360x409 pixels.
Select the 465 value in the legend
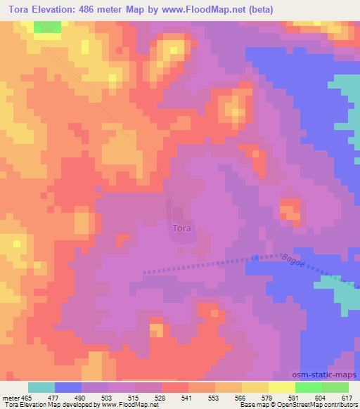click(26, 397)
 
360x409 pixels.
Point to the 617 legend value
click(347, 397)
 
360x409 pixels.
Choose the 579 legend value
click(267, 397)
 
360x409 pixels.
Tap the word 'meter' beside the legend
click(10, 397)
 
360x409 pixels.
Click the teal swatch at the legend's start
click(41, 387)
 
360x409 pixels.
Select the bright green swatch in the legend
click(309, 387)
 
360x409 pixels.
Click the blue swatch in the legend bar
click(68, 387)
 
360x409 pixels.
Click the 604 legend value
click(321, 397)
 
